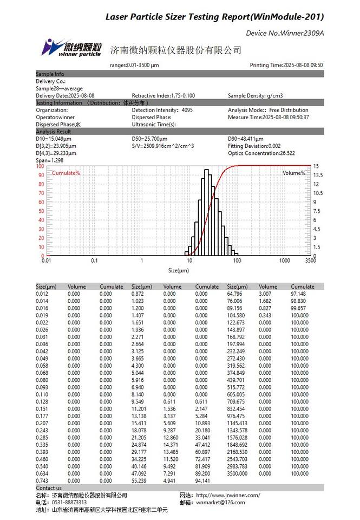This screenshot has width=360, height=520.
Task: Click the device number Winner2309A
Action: point(285,33)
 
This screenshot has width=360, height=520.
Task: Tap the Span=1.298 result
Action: point(50,160)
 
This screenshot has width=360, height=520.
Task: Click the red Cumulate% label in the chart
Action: point(66,173)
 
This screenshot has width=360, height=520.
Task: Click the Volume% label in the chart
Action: point(294,173)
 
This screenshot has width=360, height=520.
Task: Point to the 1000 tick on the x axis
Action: point(284,261)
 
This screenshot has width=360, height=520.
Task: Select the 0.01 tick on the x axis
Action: point(47,261)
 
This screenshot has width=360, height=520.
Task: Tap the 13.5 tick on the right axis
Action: point(318,175)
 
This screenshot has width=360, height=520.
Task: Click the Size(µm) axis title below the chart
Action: point(179,270)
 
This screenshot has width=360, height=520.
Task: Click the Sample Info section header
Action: point(50,74)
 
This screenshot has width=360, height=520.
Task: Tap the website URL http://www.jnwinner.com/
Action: point(228,495)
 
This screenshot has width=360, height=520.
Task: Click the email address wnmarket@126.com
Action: point(220,502)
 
